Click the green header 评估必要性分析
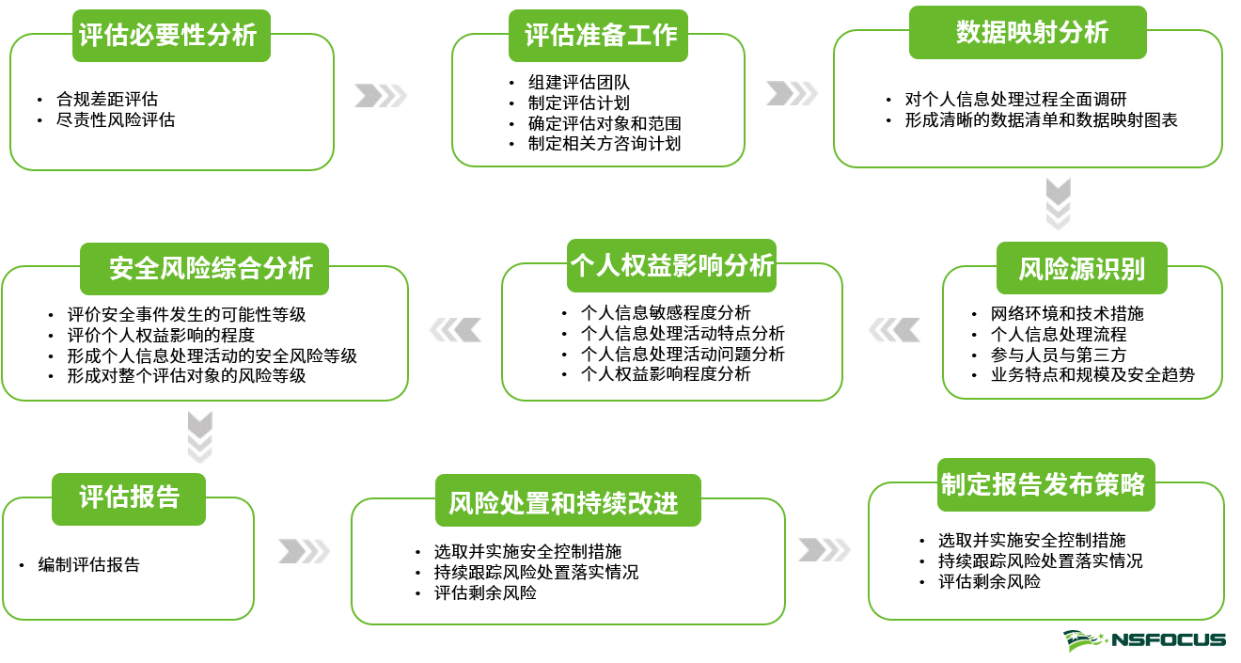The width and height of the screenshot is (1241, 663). tap(170, 36)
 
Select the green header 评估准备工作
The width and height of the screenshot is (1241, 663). tap(600, 36)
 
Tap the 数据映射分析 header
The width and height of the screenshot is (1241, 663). tap(1028, 32)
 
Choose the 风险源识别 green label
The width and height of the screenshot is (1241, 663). tap(1082, 268)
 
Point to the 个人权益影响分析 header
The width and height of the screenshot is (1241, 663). tap(671, 265)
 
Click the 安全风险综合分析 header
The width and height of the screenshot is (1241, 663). tap(204, 268)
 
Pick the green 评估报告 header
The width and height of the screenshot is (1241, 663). tap(129, 497)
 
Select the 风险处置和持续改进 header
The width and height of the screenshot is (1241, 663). tap(569, 500)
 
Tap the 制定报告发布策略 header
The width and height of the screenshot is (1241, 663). tap(1045, 483)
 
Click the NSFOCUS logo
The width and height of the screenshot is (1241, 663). tap(1144, 640)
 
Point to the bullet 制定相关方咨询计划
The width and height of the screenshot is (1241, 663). tap(604, 144)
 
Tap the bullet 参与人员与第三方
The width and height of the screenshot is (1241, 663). tap(1059, 355)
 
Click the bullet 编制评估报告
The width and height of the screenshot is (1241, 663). tap(88, 565)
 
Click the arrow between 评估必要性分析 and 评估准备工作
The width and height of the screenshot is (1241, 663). tap(381, 96)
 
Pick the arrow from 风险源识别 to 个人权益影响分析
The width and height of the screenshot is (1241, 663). tap(894, 330)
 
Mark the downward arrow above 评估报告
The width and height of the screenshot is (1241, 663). tap(199, 436)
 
